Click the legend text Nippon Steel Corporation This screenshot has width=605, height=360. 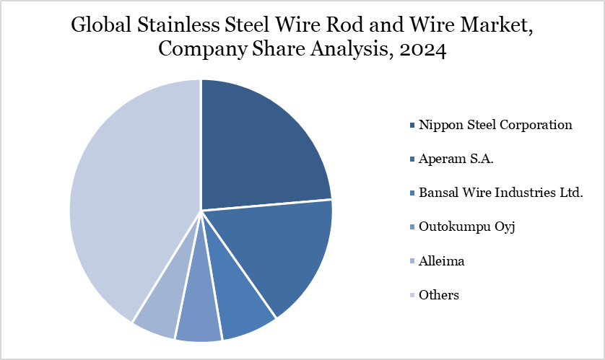tap(495, 125)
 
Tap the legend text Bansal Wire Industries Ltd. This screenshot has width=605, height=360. tap(500, 193)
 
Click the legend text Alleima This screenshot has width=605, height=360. tap(441, 261)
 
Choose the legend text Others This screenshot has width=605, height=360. tap(438, 295)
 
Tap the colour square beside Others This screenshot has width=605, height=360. tap(412, 296)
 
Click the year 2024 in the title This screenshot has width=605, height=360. tap(425, 50)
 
